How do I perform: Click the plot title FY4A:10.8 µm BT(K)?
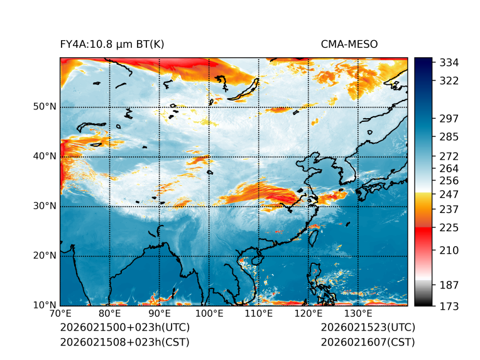tap(112, 45)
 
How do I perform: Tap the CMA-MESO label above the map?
tap(349, 45)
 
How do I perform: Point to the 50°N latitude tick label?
tap(45, 107)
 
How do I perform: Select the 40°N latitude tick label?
tap(45, 156)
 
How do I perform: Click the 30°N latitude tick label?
tap(45, 206)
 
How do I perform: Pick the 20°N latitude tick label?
tap(45, 256)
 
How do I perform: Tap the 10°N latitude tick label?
tap(45, 306)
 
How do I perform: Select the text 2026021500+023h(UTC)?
tap(124, 328)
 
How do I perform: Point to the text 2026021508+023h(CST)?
tap(124, 342)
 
